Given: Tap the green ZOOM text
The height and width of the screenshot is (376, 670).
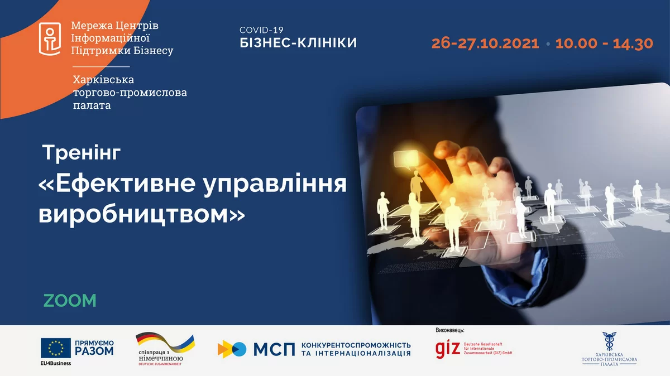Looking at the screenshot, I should (x=70, y=301).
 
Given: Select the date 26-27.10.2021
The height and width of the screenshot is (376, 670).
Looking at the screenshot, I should (x=485, y=44).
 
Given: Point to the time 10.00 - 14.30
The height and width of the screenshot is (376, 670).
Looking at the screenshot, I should (x=604, y=44).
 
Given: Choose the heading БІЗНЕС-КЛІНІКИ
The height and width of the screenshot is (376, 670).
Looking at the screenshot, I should (x=298, y=43).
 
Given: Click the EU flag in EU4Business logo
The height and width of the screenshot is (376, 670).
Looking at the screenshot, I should (x=56, y=349).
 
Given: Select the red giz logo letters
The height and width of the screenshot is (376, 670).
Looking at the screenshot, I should (x=448, y=348).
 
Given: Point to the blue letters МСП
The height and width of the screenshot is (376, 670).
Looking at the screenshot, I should (x=274, y=349).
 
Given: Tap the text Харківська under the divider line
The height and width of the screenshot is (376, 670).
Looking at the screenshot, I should (x=103, y=80).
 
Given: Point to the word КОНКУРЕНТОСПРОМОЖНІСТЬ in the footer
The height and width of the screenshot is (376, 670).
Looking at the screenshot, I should (x=356, y=345).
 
